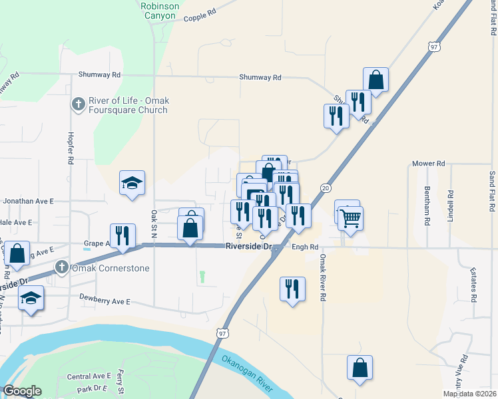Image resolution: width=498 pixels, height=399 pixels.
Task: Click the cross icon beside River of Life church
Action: click(x=78, y=104)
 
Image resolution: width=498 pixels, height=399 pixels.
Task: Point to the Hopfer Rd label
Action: click(x=71, y=148)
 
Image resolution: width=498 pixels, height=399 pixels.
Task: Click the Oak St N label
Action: click(x=154, y=225)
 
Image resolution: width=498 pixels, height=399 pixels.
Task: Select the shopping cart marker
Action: click(x=350, y=217)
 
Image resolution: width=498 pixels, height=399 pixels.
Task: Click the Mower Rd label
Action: click(x=428, y=163)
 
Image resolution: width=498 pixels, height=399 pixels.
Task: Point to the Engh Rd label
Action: click(x=303, y=247)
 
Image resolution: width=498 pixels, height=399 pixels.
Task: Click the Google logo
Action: click(x=22, y=391)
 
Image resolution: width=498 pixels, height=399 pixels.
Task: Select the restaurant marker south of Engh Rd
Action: click(x=292, y=290)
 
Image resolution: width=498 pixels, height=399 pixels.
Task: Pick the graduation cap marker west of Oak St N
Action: click(x=132, y=184)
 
